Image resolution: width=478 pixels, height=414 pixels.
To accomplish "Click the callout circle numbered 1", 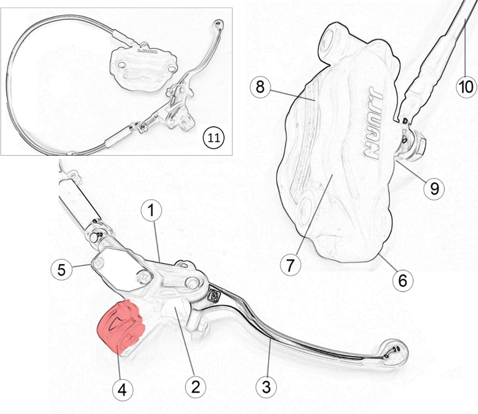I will coord(151,211).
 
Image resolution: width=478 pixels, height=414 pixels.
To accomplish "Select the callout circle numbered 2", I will coord(196,386).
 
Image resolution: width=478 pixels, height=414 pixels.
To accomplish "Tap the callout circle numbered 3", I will coord(266,387).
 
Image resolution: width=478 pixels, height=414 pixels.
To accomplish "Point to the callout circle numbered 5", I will coord(62,270).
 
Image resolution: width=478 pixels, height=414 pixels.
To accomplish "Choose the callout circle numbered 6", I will coord(402,281).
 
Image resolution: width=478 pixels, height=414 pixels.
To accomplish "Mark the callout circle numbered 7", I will coord(290,265).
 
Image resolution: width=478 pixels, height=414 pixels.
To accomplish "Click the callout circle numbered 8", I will coord(260,87).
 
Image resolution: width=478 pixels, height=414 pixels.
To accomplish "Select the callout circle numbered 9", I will coord(434,189).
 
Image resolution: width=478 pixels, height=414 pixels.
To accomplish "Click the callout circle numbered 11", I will coord(213,137).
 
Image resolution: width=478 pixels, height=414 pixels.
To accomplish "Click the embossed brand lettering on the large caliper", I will coord(373,123).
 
